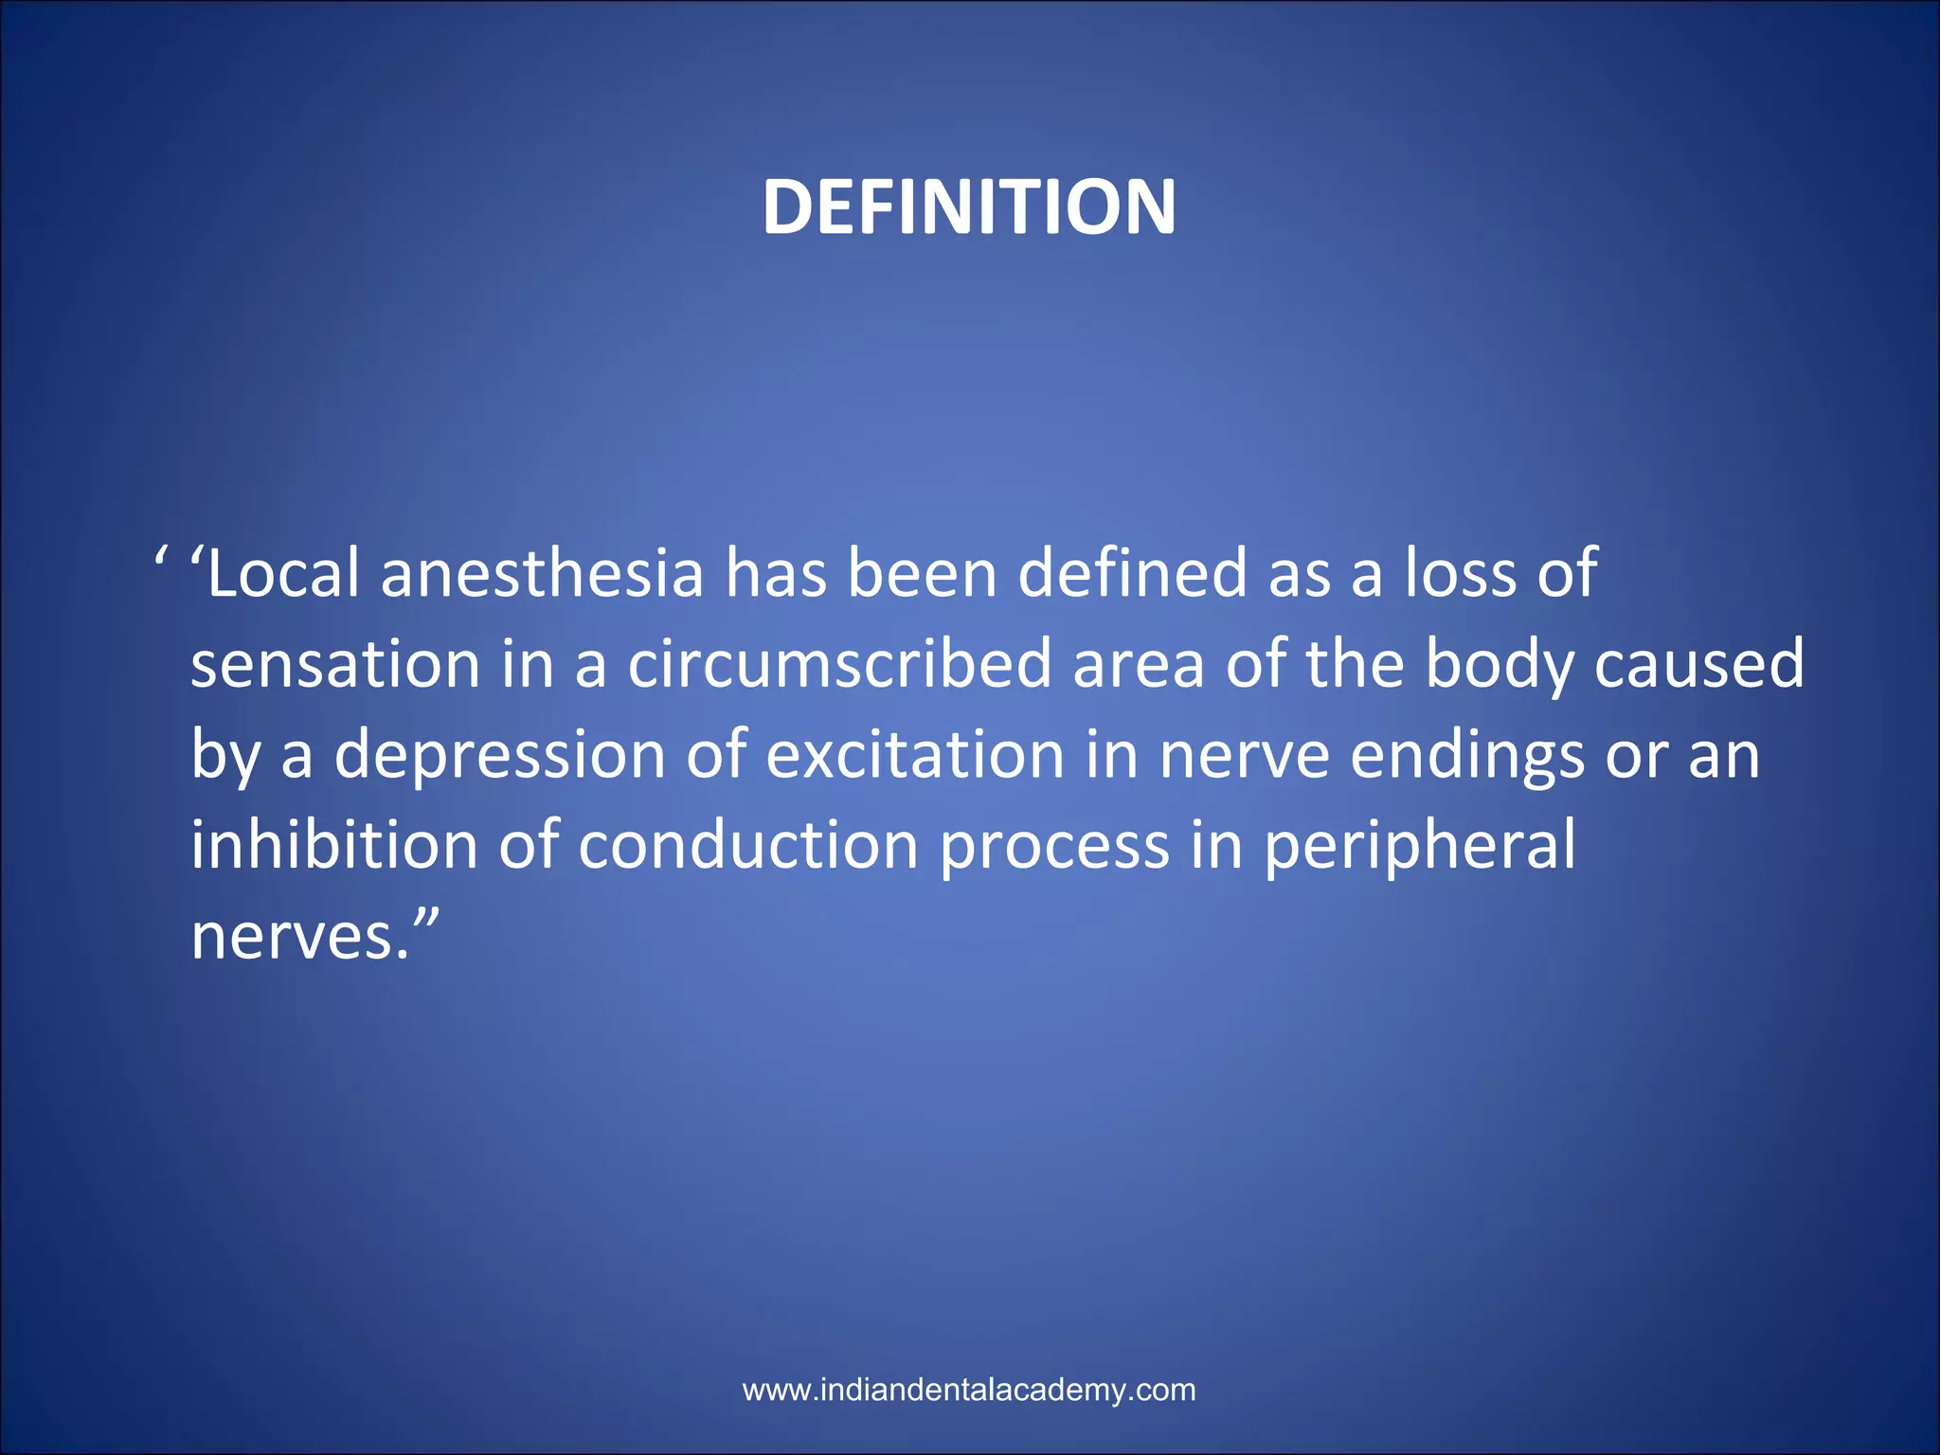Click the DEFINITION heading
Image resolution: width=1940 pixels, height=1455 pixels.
[x=969, y=207]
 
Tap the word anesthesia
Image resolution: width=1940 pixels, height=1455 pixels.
[x=542, y=574]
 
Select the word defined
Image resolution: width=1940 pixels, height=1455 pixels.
[x=1132, y=574]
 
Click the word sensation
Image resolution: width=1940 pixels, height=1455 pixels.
[x=335, y=665]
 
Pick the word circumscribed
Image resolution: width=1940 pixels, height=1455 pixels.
[x=839, y=665]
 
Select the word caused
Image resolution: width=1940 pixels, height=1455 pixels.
[x=1699, y=665]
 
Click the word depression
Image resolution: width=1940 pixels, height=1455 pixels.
[x=500, y=756]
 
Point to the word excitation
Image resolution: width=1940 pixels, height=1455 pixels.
[x=915, y=756]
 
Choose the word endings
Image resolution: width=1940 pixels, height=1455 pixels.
[x=1466, y=756]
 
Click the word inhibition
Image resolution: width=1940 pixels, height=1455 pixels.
[x=333, y=846]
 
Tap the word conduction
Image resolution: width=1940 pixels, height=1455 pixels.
[x=748, y=846]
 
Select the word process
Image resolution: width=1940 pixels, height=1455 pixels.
[x=1054, y=846]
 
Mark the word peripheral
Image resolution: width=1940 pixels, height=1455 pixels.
[x=1420, y=846]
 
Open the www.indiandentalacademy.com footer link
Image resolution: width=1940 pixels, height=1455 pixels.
[x=969, y=1390]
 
